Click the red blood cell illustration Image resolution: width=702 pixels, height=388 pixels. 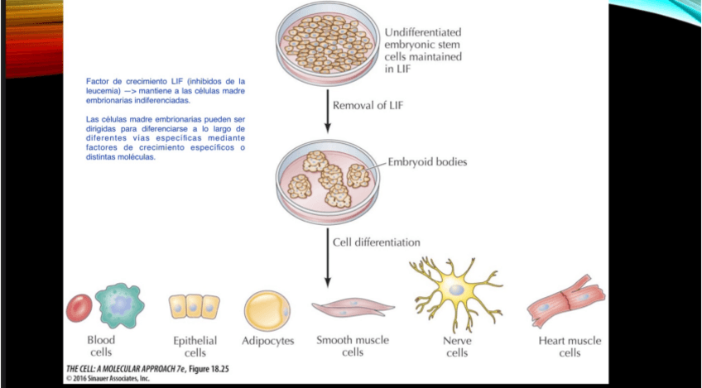79,308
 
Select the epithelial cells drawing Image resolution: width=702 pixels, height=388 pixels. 195,307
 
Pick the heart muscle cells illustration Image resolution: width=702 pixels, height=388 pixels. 568,301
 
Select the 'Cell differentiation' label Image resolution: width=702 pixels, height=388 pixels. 376,242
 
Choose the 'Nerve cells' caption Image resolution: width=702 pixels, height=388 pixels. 456,347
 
